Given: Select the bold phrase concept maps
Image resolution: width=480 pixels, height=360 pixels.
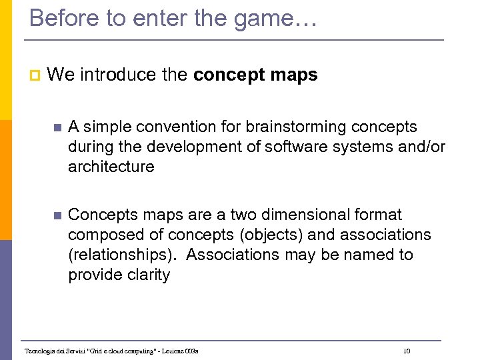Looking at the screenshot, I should pos(255,75).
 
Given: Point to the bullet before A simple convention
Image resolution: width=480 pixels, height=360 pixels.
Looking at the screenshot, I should pos(56,127).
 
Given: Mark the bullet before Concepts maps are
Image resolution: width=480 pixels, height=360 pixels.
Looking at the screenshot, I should pos(56,215).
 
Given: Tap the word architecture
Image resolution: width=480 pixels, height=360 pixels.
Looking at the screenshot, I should pos(111,167).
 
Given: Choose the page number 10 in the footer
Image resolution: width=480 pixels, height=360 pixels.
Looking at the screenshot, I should pos(407,351).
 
